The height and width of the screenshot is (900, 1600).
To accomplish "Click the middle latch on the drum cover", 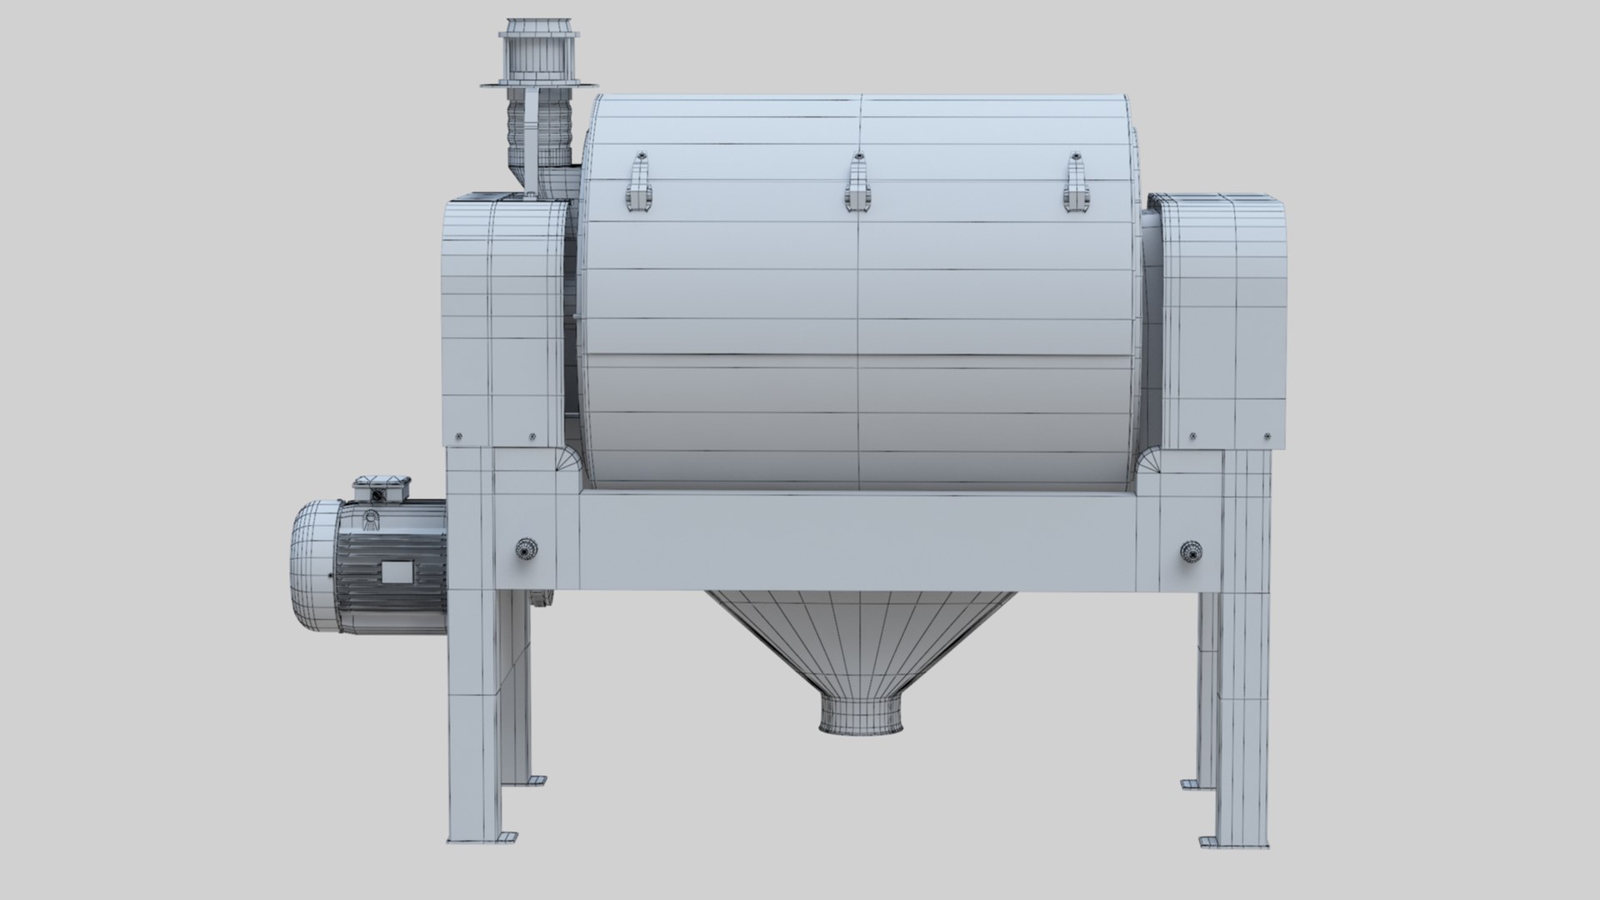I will tap(856, 184).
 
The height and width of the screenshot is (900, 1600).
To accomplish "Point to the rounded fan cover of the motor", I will tap(313, 567).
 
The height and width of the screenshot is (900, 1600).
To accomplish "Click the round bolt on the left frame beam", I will tap(526, 549).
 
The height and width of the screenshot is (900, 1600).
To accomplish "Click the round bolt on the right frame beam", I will tap(1191, 551).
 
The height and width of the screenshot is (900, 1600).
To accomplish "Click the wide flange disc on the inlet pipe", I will tap(538, 83).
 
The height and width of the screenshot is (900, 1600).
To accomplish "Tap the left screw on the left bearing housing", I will tap(457, 436).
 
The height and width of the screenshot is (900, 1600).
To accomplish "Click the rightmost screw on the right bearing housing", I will tap(1267, 436).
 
